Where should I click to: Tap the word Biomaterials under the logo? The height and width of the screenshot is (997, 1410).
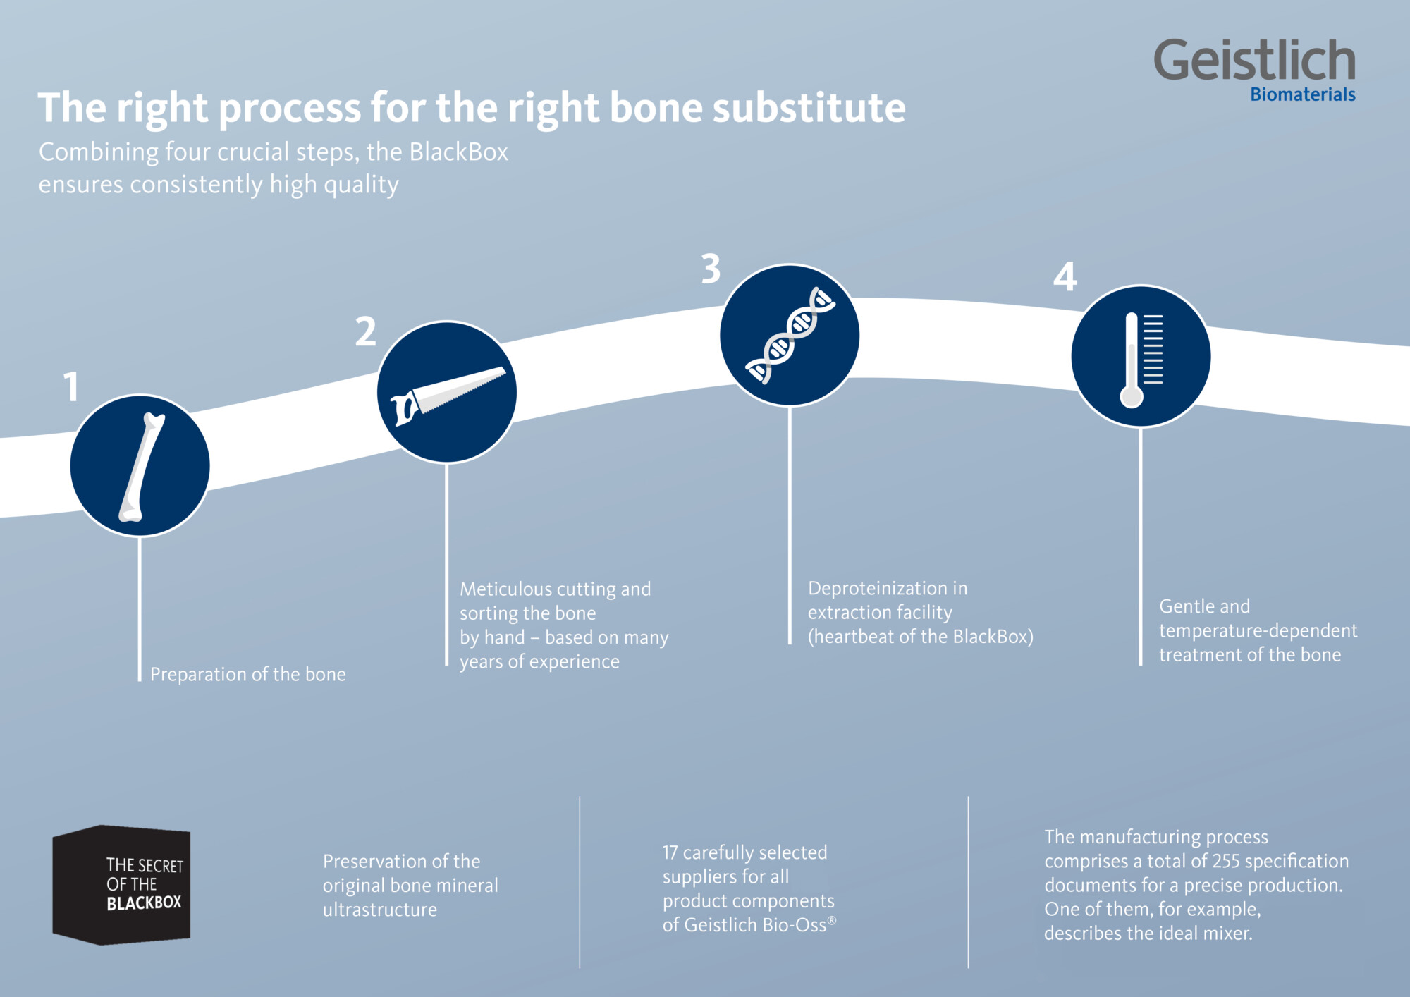(x=1302, y=94)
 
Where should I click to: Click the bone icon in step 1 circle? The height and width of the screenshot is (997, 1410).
(x=140, y=467)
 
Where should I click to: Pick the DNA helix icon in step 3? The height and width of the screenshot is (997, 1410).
(x=790, y=336)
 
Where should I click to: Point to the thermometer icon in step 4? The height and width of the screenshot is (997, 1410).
(x=1140, y=358)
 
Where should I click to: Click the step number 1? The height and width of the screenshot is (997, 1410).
(x=71, y=387)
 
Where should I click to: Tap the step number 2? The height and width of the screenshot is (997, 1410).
(x=365, y=331)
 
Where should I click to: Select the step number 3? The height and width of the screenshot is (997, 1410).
(x=711, y=269)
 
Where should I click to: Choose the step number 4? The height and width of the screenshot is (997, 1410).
(x=1065, y=277)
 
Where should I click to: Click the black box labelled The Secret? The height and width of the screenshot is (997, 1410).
(x=122, y=885)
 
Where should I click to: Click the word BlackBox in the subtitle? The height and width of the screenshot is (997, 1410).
(x=458, y=152)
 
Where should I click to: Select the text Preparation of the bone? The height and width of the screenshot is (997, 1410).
(x=247, y=675)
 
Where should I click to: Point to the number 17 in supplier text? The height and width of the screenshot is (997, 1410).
(x=670, y=852)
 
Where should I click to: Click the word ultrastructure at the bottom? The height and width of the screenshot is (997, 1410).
(x=379, y=910)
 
